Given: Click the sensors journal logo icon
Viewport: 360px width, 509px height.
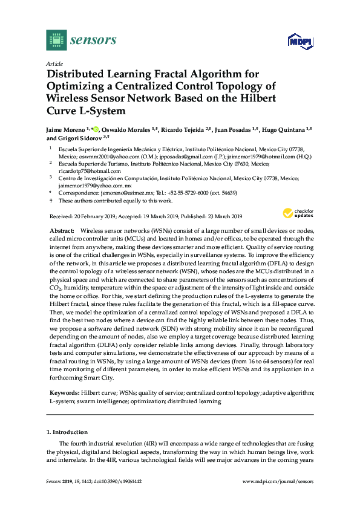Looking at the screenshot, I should coord(56,41).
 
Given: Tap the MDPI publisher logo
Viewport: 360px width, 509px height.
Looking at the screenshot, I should coord(300,42).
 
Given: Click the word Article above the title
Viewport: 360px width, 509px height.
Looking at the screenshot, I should coord(54,63).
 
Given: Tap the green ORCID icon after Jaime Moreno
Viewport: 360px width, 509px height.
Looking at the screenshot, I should coord(94,129).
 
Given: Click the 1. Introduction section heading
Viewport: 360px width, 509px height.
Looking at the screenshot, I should coord(67,433).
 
